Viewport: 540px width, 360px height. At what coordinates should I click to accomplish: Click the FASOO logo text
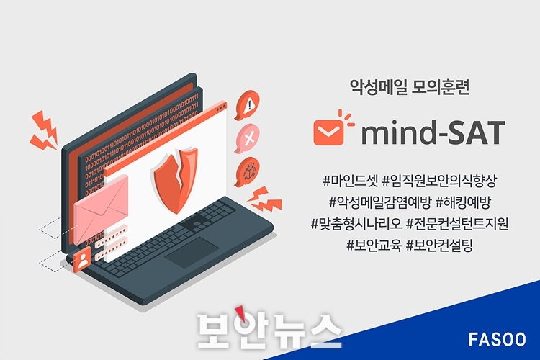point(497,339)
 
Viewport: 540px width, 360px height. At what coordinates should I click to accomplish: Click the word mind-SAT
point(433,132)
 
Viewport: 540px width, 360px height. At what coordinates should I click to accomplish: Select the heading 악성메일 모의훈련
point(409,88)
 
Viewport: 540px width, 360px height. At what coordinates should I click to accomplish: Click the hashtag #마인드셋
point(351,181)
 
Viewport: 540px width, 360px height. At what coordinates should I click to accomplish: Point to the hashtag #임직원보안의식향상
point(440,181)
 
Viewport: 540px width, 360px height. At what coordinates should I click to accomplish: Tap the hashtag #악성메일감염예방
point(379,202)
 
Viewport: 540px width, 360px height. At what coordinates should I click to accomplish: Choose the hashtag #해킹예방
point(463,202)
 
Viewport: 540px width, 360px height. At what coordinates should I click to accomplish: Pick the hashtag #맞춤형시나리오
point(356,224)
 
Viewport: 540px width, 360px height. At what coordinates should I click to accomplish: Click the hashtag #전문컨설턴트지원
point(457,224)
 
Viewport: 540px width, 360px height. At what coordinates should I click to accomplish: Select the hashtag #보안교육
point(374,246)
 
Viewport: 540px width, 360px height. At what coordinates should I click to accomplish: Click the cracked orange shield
point(176,179)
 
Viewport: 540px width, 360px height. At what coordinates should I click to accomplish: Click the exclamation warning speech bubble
point(247,104)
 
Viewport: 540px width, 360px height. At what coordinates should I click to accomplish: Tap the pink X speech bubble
point(247,138)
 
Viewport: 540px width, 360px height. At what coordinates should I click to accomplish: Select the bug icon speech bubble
point(247,172)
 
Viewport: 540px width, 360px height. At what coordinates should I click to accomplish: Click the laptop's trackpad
point(192,252)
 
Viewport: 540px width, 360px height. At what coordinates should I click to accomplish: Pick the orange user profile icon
point(82,260)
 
